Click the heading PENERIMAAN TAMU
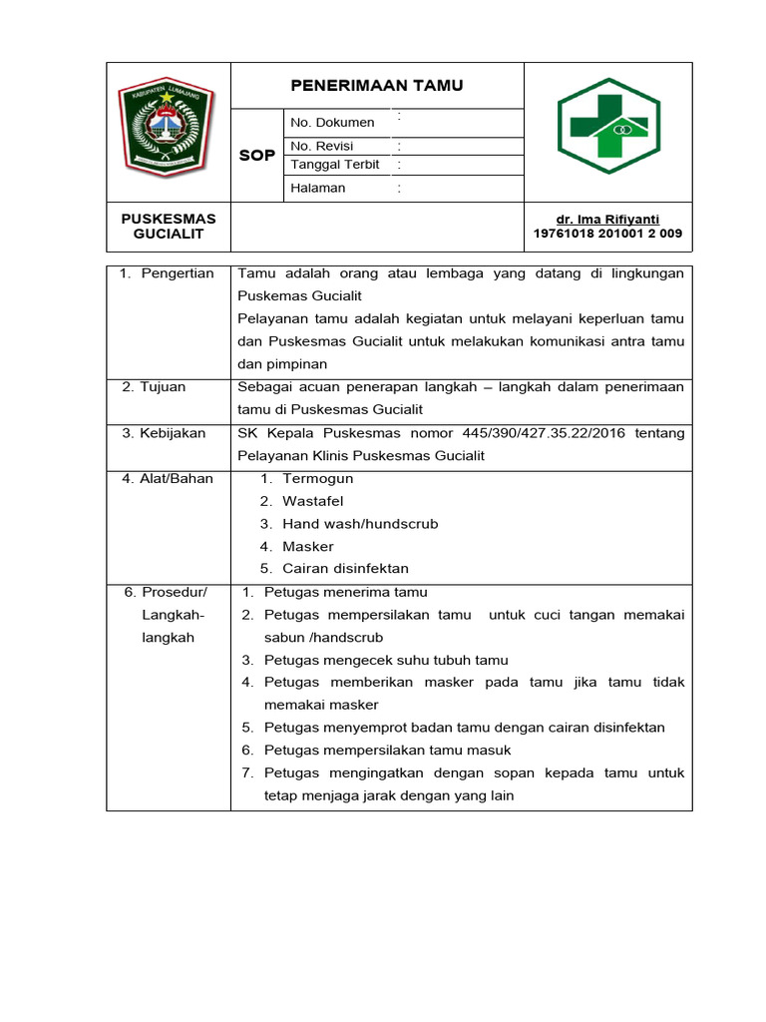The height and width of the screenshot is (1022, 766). click(x=377, y=86)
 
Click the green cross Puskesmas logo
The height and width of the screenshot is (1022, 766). click(x=607, y=126)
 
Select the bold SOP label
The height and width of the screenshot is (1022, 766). click(x=257, y=156)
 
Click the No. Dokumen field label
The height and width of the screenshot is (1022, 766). click(x=332, y=123)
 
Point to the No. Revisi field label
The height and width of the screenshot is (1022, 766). click(x=322, y=146)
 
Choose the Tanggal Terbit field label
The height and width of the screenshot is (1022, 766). click(x=334, y=165)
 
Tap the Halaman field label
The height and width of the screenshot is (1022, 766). click(x=317, y=188)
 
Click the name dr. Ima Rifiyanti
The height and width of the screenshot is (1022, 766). click(x=607, y=220)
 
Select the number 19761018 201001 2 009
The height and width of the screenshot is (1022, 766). click(x=607, y=235)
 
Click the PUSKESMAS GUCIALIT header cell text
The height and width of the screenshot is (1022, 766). click(x=169, y=226)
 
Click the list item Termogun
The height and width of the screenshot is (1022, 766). click(x=317, y=479)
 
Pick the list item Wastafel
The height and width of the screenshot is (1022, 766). click(x=312, y=501)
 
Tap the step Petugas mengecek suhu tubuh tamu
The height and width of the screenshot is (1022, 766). click(x=386, y=660)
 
